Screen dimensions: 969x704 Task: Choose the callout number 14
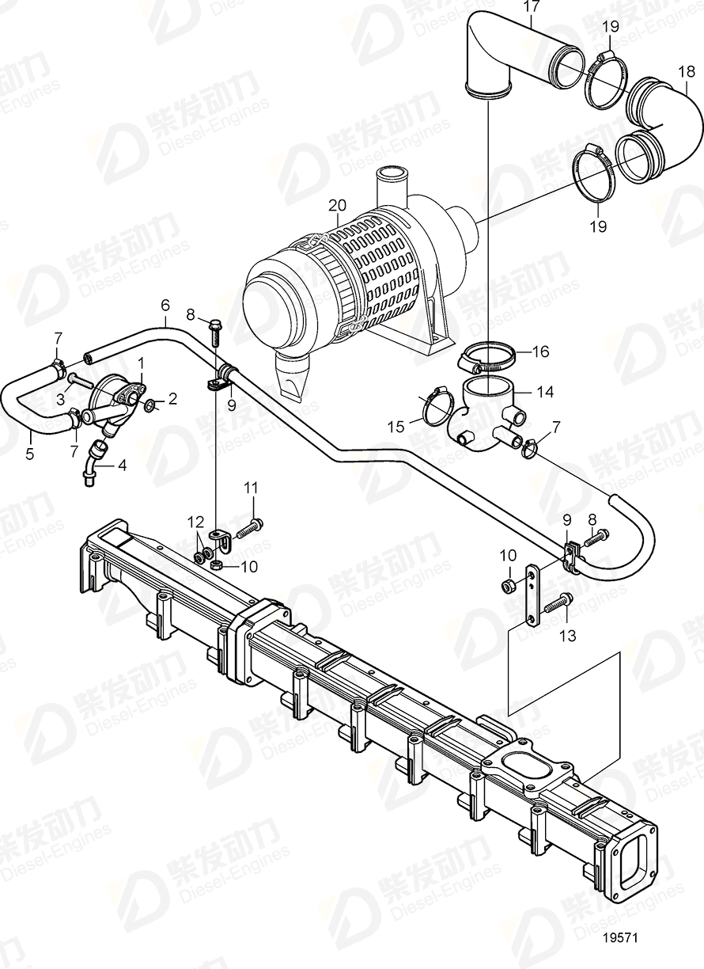(524, 391)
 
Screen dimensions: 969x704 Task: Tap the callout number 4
(121, 465)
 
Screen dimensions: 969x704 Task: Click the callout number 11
(251, 489)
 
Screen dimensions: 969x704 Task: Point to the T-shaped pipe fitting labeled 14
(486, 408)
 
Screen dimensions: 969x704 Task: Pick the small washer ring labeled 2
(150, 406)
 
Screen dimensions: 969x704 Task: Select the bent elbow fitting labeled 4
(97, 458)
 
